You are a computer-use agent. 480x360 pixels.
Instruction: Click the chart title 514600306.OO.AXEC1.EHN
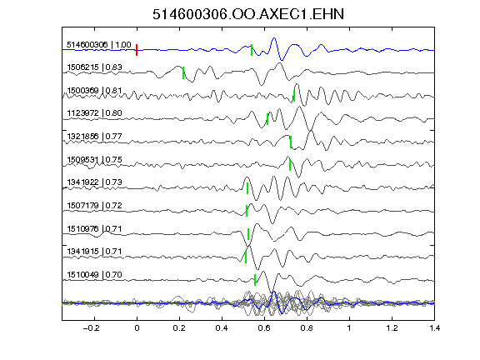click(x=248, y=14)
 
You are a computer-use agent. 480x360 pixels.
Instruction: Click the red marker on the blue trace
click(x=137, y=50)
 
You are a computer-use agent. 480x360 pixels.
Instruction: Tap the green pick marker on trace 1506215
click(x=183, y=72)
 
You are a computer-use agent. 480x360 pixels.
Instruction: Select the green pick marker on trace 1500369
click(x=294, y=96)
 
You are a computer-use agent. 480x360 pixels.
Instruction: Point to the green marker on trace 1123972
click(x=267, y=119)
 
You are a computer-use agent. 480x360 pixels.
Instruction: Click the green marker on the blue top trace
click(x=252, y=50)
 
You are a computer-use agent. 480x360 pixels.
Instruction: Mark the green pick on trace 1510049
click(x=255, y=280)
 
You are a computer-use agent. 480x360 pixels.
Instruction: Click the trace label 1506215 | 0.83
click(x=94, y=67)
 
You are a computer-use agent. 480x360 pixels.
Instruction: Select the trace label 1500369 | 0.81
click(x=94, y=91)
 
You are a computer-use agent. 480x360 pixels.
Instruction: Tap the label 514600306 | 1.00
click(x=99, y=45)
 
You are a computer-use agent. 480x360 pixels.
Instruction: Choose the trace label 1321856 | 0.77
click(x=94, y=136)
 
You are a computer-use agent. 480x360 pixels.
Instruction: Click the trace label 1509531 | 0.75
click(x=94, y=160)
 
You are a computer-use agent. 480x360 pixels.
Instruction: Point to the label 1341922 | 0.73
click(x=94, y=182)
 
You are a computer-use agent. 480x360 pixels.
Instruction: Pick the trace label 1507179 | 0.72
click(x=94, y=205)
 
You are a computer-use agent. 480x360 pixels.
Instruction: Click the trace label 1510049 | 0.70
click(x=94, y=275)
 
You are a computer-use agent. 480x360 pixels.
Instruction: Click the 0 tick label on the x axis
click(x=137, y=328)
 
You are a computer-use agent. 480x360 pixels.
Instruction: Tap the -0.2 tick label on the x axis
click(x=92, y=328)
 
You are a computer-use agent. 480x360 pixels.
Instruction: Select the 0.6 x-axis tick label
click(x=264, y=328)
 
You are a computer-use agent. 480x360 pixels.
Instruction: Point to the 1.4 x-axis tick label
click(x=434, y=328)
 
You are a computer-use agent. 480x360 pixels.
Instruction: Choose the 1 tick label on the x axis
click(x=349, y=328)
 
